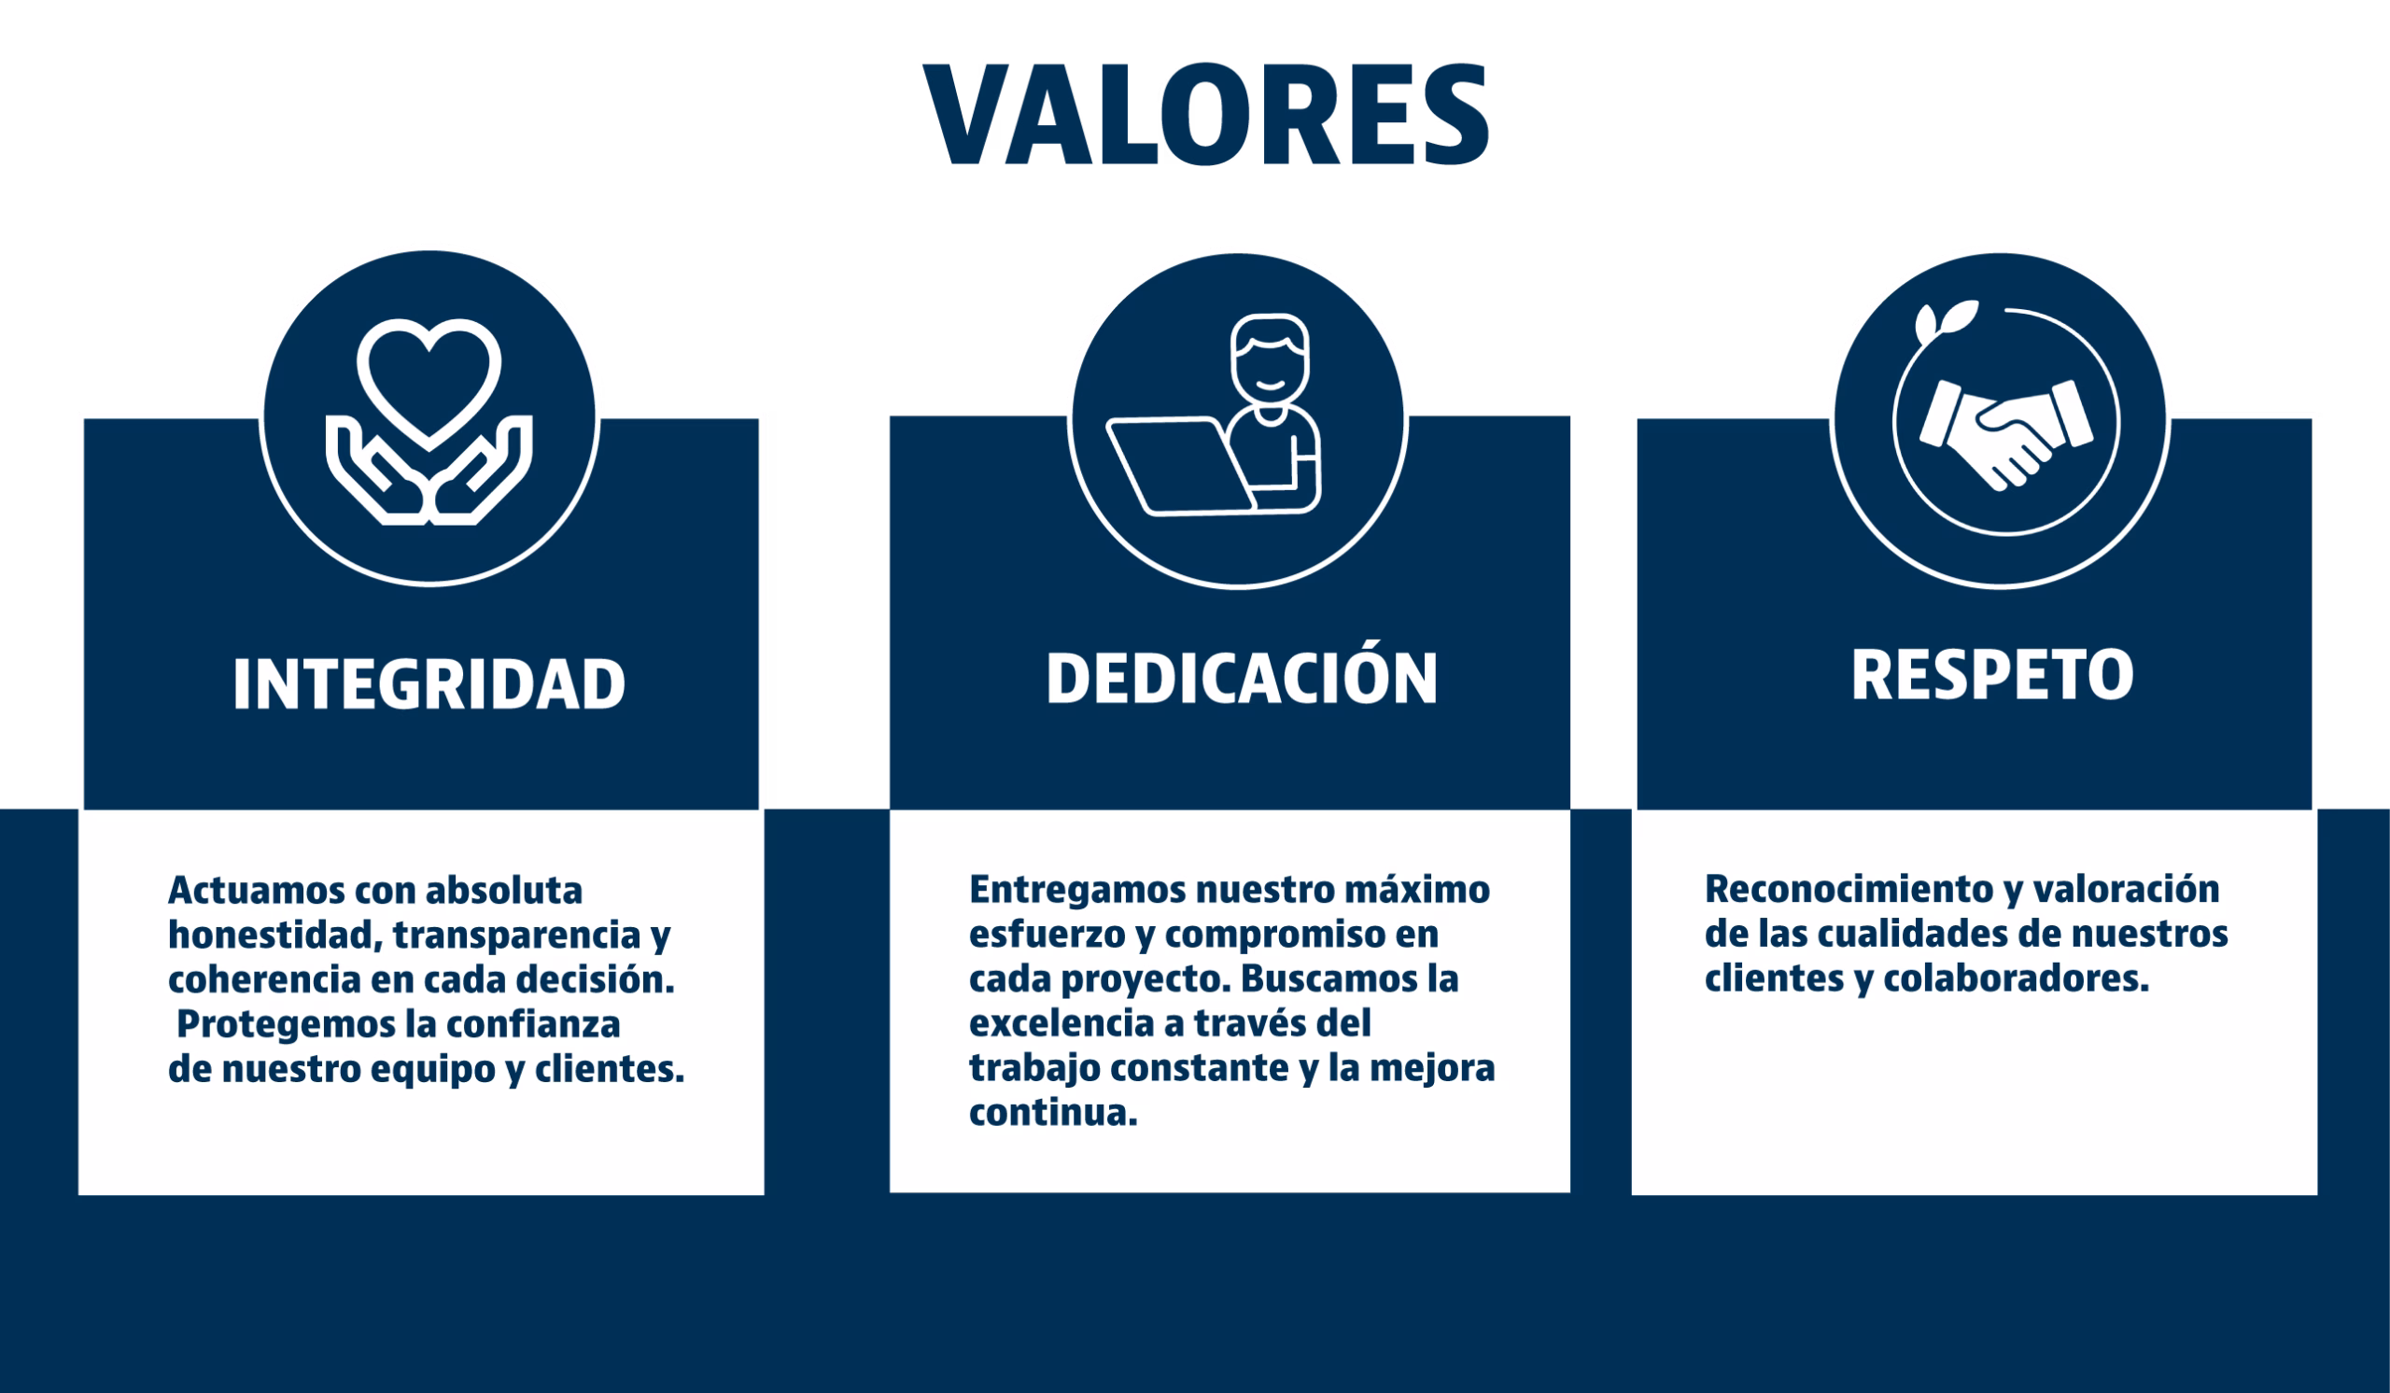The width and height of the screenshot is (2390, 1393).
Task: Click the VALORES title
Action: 1205,114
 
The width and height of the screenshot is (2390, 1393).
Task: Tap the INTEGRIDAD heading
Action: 429,683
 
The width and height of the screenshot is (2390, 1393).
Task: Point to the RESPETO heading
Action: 1992,675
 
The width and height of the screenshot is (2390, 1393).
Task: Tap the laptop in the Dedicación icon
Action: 1181,466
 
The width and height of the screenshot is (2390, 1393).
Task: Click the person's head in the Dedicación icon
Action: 1269,359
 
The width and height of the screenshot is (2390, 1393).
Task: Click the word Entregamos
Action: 1076,892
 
